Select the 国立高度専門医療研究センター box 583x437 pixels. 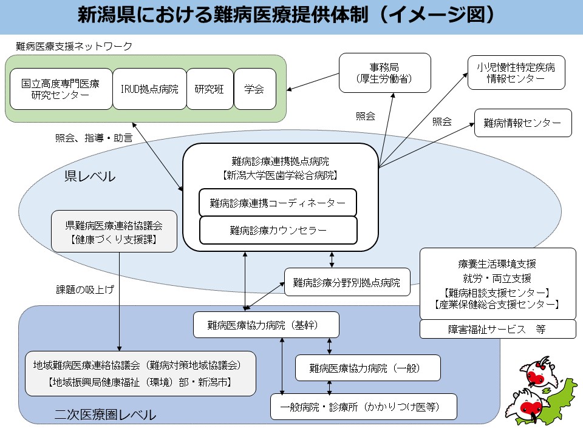tap(60, 89)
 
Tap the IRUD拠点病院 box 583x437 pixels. tap(149, 89)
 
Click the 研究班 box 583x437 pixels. tap(210, 89)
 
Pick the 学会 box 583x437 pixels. tap(254, 89)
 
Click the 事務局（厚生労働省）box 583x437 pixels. tap(384, 73)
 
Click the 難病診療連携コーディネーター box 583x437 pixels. tap(278, 203)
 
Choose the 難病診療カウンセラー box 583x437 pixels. tap(278, 230)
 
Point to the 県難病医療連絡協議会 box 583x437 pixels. tap(114, 231)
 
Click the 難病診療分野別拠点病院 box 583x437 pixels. tap(347, 282)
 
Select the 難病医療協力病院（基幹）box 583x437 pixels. tap(266, 325)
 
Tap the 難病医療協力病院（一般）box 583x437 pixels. tap(367, 368)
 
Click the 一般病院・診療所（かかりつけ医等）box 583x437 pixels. tap(363, 407)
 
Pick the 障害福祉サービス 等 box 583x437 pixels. tap(497, 329)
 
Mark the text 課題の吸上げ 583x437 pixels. tap(85, 290)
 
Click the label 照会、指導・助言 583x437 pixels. tap(94, 138)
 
